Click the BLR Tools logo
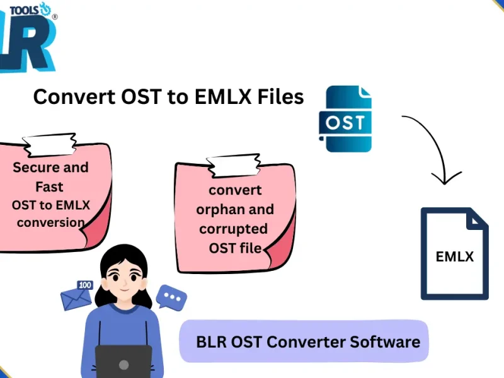coord(28,38)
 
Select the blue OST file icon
coord(345,120)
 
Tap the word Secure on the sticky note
coord(37,168)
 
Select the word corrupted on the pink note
coord(233,229)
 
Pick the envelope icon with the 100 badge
coord(76,299)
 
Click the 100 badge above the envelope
coord(85,285)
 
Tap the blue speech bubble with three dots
coord(171,297)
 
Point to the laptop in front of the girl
coord(123,362)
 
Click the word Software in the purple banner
coord(385,342)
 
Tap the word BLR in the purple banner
coord(212,342)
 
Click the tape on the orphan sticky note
coord(232,165)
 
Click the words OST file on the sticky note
coord(235,248)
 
